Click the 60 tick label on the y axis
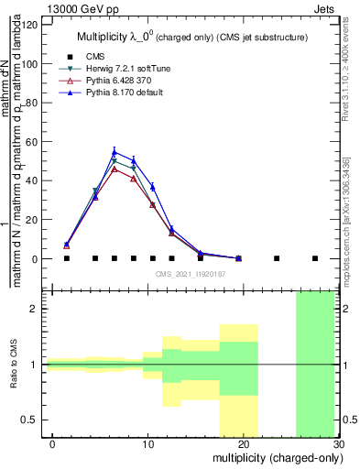pyautogui.click(x=36, y=141)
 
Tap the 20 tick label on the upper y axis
pyautogui.click(x=36, y=220)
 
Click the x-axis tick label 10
pyautogui.click(x=148, y=443)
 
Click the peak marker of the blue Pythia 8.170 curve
pyautogui.click(x=115, y=152)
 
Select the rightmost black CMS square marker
pyautogui.click(x=315, y=258)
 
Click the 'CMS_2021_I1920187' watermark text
pyautogui.click(x=190, y=274)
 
